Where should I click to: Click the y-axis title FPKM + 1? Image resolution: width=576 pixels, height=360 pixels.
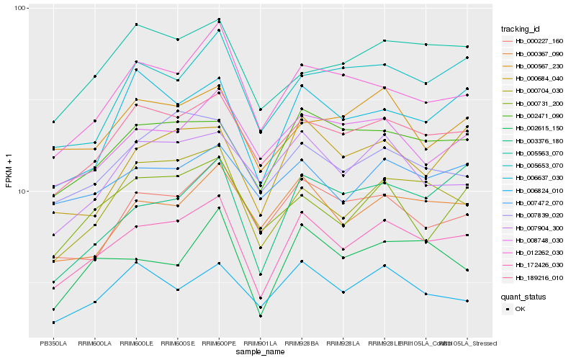coord(9,172)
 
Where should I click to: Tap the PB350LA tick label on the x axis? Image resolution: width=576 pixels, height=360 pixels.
coord(53,343)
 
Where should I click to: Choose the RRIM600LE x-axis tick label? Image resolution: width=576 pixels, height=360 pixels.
coord(137,343)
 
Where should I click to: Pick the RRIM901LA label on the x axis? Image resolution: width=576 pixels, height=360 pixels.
coord(260,343)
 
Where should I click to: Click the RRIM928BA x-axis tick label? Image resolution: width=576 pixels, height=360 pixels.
coord(302,343)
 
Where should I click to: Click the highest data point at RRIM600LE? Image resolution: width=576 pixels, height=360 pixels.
coord(137,25)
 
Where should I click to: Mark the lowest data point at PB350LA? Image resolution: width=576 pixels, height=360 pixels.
coord(53,323)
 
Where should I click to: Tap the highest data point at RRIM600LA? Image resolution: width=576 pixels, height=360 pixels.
coord(95,76)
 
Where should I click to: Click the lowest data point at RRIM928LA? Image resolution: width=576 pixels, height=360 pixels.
coord(343,292)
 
